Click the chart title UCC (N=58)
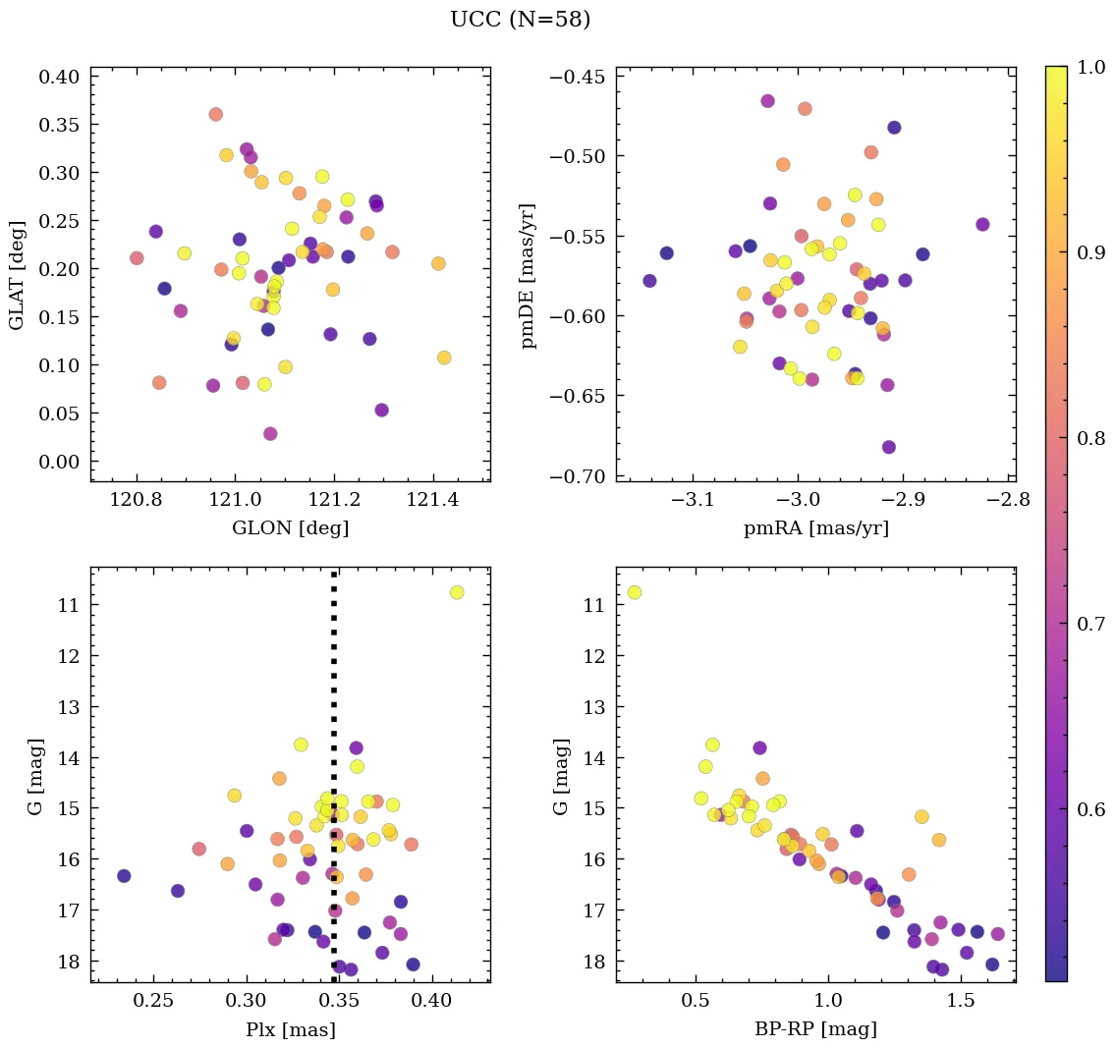pos(520,20)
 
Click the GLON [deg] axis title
pos(290,527)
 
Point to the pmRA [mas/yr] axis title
pos(815,527)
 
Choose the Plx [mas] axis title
pos(290,1029)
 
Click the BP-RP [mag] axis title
pos(815,1029)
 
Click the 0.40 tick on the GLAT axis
pos(61,77)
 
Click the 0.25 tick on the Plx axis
pos(153,1001)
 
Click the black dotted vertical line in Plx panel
pos(334,688)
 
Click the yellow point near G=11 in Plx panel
pos(457,592)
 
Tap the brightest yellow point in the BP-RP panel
pos(634,592)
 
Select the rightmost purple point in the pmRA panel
pos(982,225)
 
